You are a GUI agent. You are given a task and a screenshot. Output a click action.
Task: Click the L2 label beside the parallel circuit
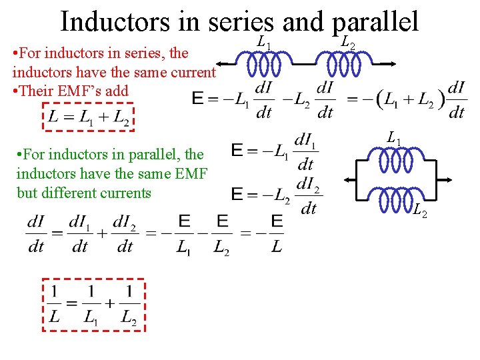coord(419,213)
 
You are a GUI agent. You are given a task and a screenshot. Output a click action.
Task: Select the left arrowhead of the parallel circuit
coord(349,180)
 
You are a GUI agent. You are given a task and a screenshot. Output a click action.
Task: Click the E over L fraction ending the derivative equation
coord(277,234)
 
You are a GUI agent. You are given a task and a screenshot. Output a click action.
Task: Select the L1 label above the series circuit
coord(264,43)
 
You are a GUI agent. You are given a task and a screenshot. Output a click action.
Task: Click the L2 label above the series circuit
coord(347,43)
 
